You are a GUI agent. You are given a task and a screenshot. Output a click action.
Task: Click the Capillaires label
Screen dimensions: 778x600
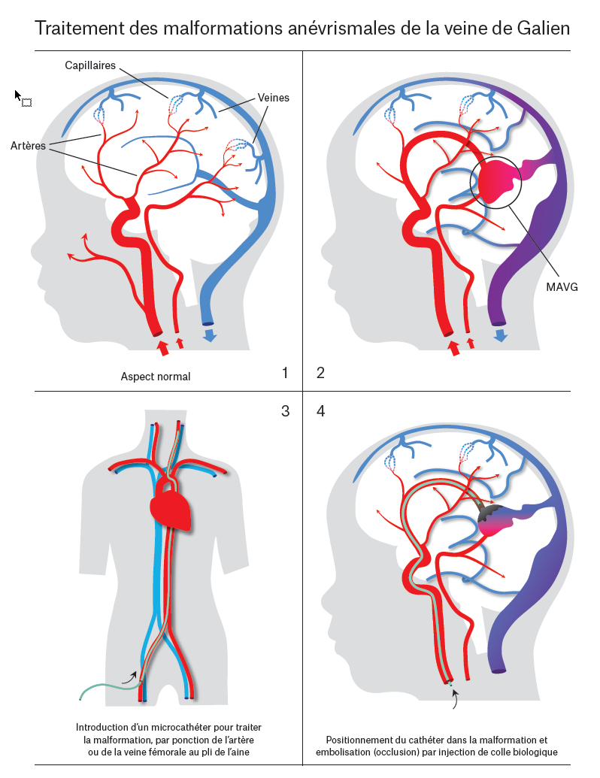click(x=90, y=65)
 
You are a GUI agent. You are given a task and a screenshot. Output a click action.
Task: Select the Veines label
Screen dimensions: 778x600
click(x=273, y=98)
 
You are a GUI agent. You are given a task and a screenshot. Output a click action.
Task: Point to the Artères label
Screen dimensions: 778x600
click(x=29, y=145)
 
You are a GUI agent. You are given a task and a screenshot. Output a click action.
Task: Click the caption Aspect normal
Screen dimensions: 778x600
click(x=156, y=377)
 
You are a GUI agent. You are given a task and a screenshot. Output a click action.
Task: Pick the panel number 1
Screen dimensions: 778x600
click(x=284, y=373)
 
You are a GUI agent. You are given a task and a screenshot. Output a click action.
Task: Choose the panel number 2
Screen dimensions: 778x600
click(x=321, y=373)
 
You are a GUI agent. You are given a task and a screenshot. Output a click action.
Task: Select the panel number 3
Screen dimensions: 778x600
click(x=284, y=411)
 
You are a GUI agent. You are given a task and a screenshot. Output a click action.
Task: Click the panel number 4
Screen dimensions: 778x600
click(x=321, y=411)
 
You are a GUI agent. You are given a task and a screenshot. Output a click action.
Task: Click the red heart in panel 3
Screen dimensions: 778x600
click(x=171, y=508)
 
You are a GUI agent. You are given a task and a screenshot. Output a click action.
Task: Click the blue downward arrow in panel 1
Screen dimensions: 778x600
click(x=210, y=335)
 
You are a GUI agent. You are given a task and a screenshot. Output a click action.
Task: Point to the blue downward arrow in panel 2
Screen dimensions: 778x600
click(x=499, y=335)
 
